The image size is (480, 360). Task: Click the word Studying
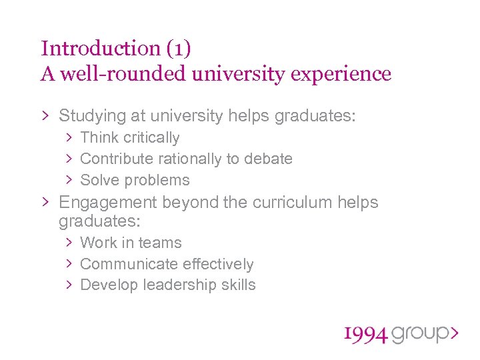(92, 116)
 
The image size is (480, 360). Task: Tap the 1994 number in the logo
(365, 335)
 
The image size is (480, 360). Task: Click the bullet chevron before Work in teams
(69, 243)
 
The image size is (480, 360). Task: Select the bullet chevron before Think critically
(69, 138)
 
